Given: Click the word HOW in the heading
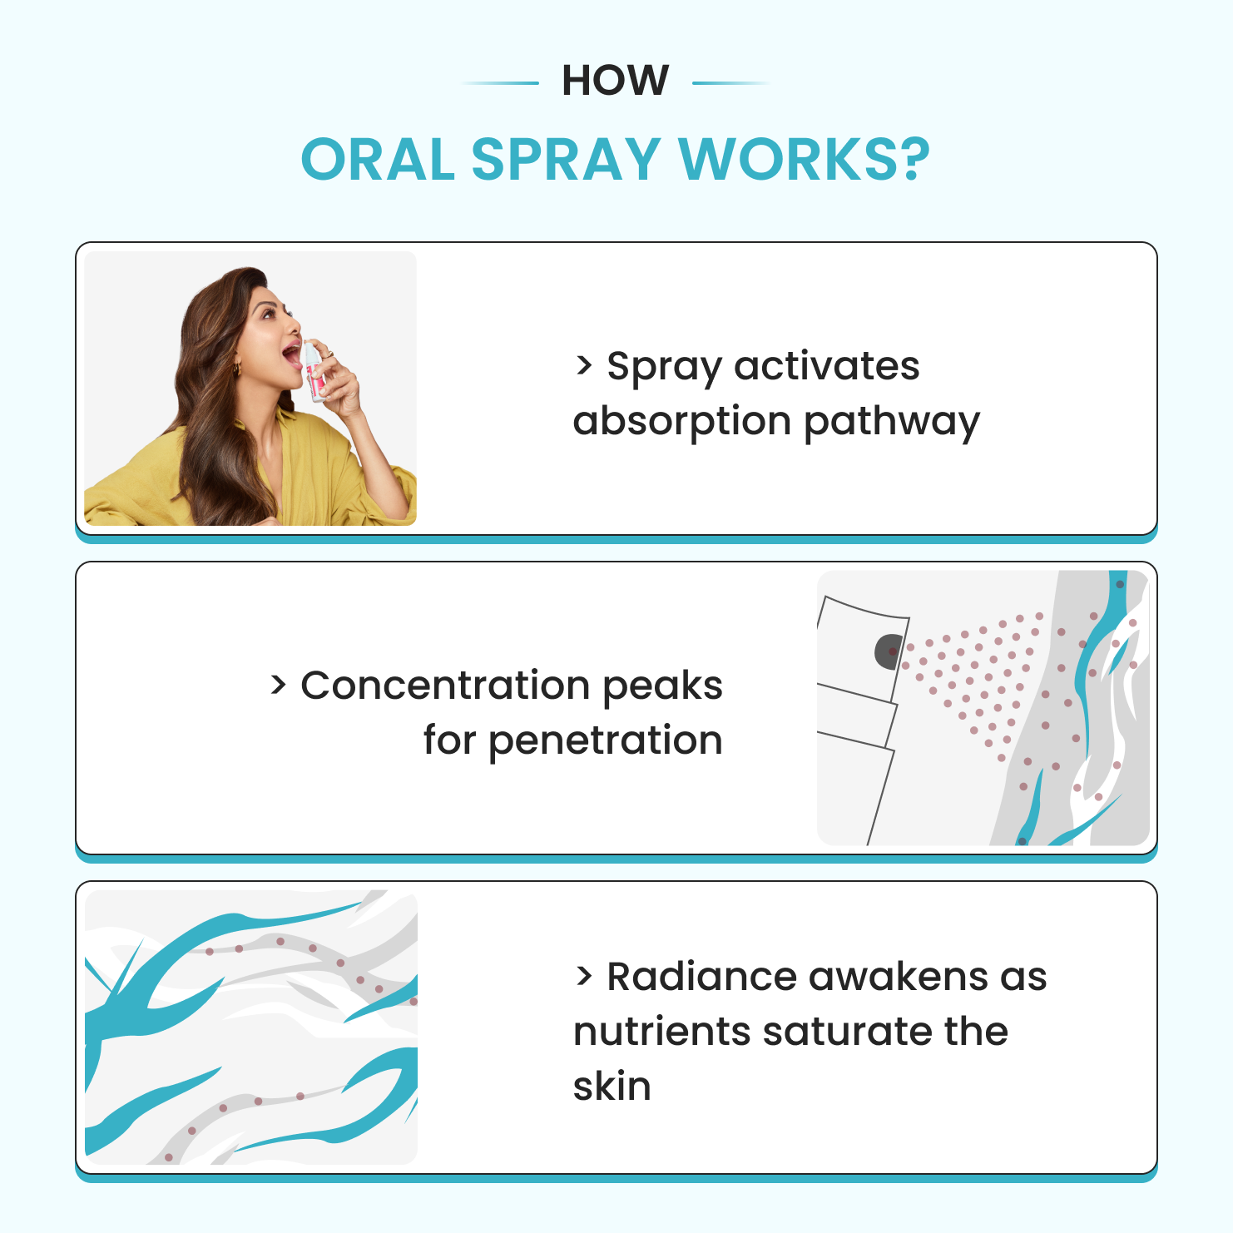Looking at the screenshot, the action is (x=615, y=81).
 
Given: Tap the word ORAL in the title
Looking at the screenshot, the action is (x=379, y=159).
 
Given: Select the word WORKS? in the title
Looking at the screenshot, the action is (x=805, y=159).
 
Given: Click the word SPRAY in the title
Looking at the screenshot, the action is (x=566, y=159).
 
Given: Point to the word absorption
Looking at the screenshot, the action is (x=682, y=421).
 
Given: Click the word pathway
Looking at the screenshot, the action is (x=892, y=421).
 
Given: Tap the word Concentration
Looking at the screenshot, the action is (x=445, y=686).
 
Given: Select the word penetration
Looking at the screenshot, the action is (x=606, y=740).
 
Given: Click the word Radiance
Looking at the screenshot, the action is (x=701, y=977).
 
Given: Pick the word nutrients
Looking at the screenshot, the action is (x=661, y=1032).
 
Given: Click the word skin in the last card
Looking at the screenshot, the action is (x=612, y=1087).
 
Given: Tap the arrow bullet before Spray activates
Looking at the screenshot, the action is (x=584, y=365).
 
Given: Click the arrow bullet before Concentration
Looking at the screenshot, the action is (x=278, y=686).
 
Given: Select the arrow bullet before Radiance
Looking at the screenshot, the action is (x=584, y=977).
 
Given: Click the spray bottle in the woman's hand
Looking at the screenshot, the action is (x=314, y=371).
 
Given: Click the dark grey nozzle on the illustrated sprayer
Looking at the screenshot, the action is (x=889, y=651).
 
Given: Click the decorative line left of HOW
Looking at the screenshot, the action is (x=499, y=83).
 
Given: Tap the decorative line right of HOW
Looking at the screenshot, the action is (x=731, y=83).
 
